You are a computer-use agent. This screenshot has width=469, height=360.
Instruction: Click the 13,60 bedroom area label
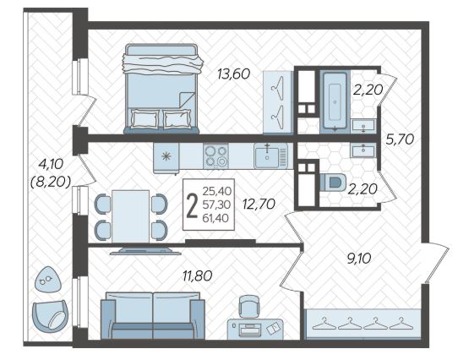point(233,74)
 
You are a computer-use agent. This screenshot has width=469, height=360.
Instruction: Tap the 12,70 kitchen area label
point(259,205)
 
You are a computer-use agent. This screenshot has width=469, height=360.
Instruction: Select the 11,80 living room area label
point(198,275)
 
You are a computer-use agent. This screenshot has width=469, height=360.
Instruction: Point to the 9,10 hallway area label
point(359,259)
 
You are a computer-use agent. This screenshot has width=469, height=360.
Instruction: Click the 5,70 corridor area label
point(400,139)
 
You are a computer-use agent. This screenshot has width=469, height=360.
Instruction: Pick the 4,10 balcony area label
point(51,164)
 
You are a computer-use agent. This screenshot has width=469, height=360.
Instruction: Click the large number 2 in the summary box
point(192,205)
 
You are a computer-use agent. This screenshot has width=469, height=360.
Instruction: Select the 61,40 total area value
point(215,219)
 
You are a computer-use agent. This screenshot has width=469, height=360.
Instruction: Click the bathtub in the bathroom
point(335,101)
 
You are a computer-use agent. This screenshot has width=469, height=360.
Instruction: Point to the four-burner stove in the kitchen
point(215,155)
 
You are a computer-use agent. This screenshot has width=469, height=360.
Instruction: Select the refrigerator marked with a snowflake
point(166,157)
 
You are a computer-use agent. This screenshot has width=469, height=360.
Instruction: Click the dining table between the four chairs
point(130,216)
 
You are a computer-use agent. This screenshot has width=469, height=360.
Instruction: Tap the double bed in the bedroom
point(161,89)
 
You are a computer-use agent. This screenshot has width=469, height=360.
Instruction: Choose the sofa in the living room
point(153,316)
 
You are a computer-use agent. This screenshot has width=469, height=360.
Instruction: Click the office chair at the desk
point(249,306)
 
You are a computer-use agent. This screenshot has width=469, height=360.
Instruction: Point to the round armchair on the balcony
point(50,316)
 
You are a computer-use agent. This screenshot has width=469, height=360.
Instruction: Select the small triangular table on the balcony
point(48,280)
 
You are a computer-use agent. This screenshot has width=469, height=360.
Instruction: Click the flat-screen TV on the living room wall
point(145,251)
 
